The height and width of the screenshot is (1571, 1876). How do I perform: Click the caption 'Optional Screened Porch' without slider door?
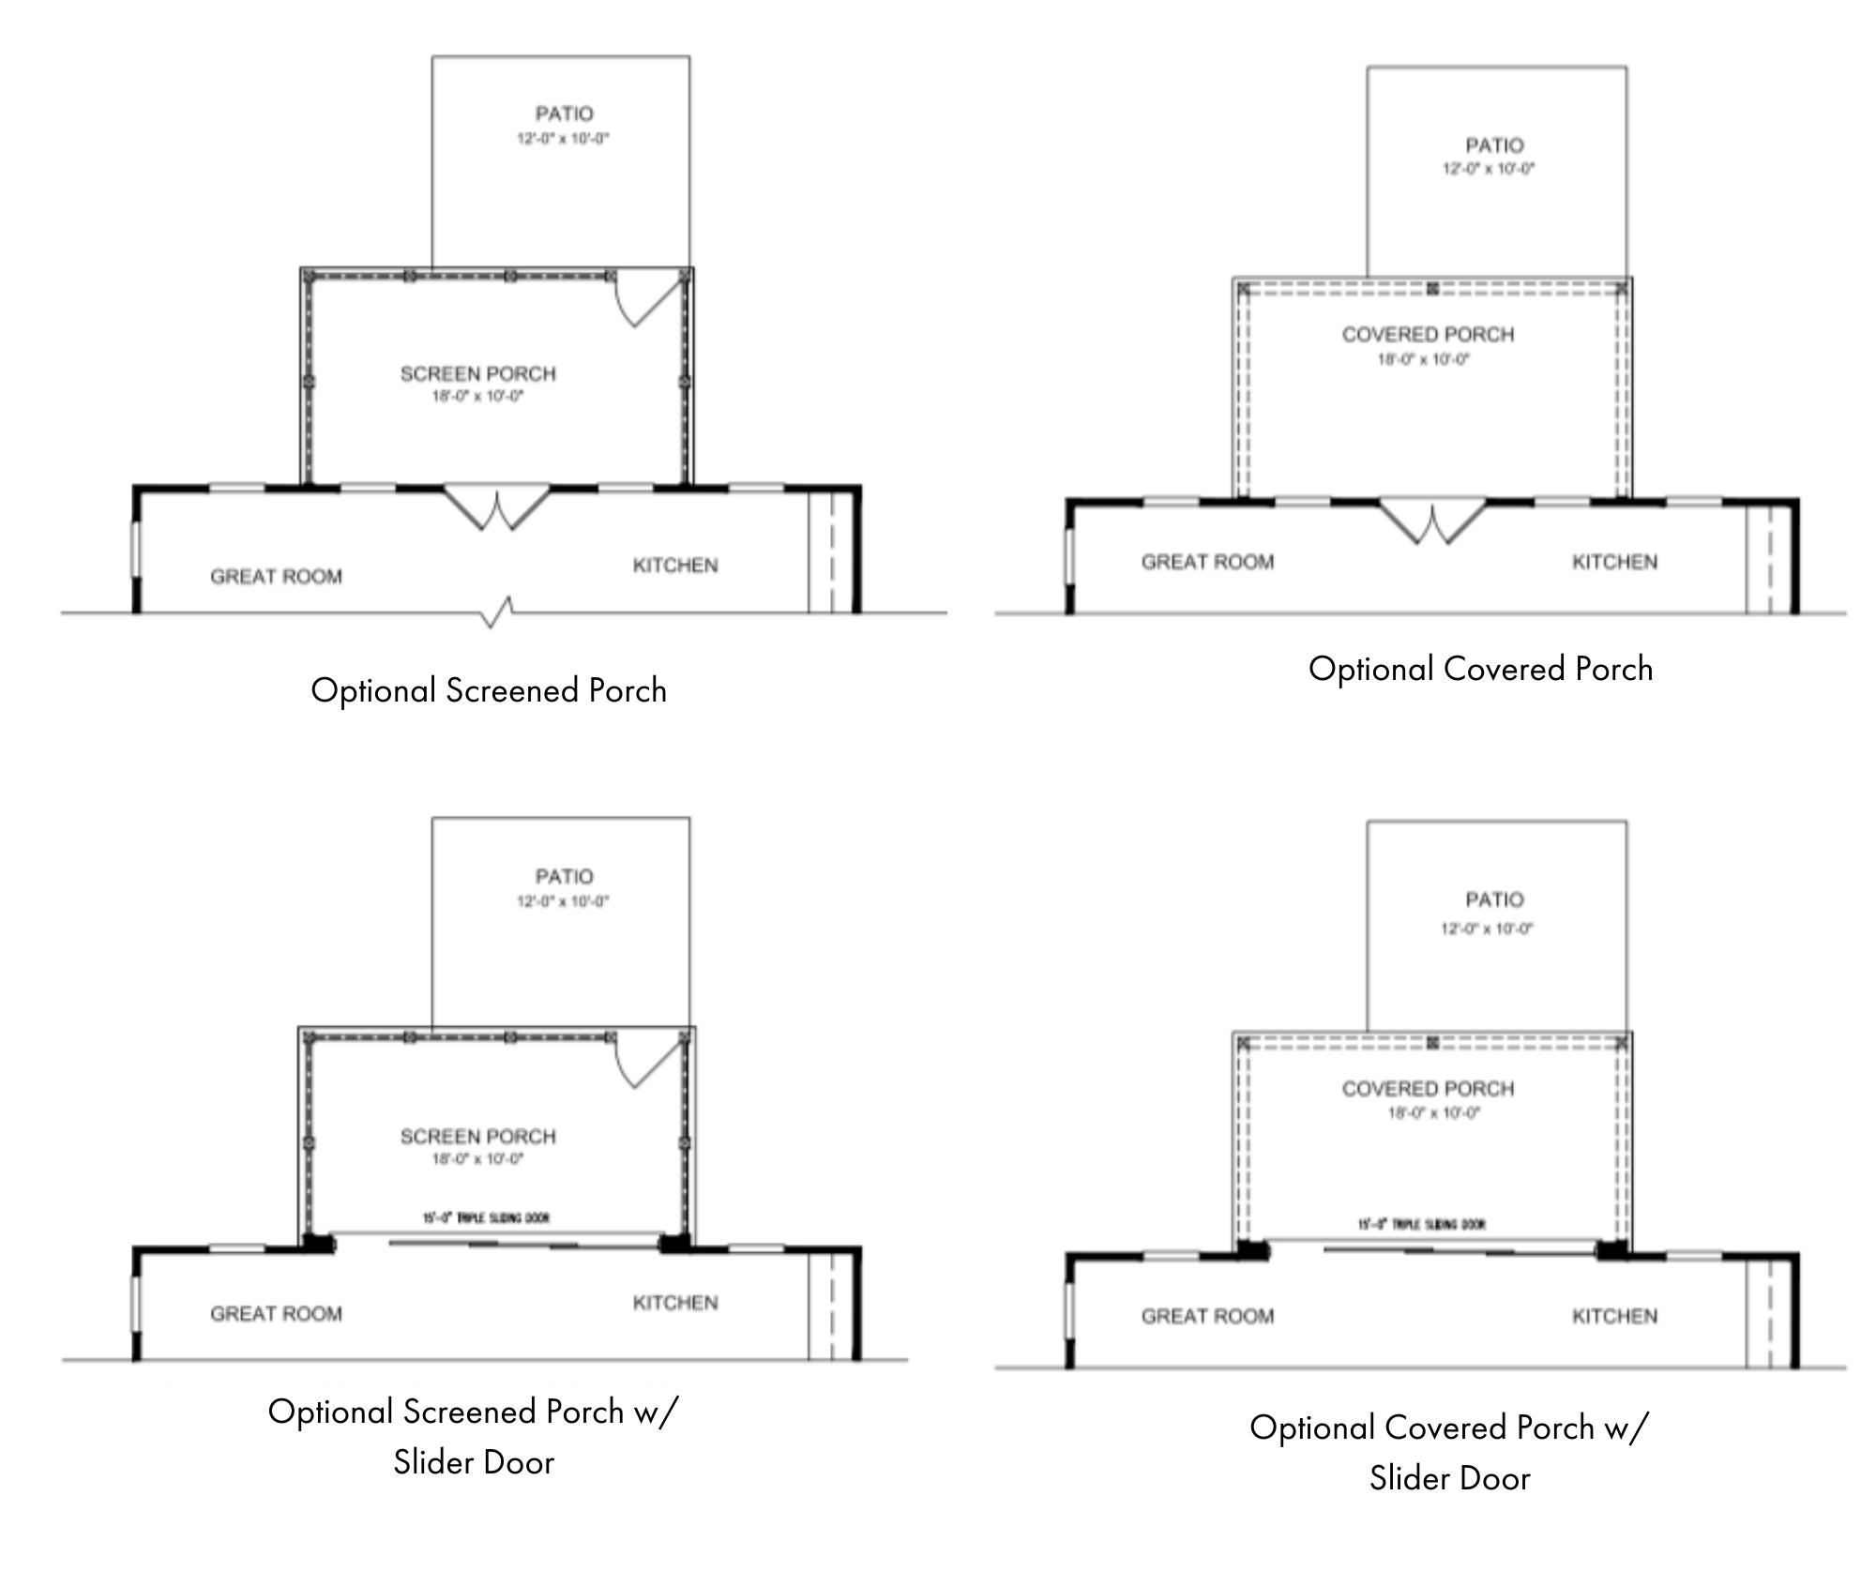point(489,690)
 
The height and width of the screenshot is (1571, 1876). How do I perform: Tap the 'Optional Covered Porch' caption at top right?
point(1480,669)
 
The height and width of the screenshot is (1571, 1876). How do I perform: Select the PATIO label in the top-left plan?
point(564,113)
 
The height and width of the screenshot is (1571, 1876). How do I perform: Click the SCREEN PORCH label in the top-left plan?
point(477,373)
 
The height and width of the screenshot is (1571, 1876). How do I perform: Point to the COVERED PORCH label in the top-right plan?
point(1428,334)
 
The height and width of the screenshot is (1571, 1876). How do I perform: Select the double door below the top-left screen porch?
point(496,507)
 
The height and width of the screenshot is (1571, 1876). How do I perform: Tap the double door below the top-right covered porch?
point(1431,521)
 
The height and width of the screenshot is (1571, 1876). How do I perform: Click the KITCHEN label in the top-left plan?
point(675,566)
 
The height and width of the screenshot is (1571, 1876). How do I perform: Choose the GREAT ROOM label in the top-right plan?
point(1207,562)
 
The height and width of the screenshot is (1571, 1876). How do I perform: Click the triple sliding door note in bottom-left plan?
point(486,1217)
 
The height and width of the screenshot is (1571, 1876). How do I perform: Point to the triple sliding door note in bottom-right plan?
point(1422,1224)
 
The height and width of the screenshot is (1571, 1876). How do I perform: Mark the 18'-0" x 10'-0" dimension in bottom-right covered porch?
point(1433,1113)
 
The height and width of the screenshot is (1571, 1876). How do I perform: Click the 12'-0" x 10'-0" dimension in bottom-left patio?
point(563,901)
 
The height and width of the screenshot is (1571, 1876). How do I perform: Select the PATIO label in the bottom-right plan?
point(1494,899)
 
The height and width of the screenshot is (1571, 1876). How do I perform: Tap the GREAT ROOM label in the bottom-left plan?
point(276,1313)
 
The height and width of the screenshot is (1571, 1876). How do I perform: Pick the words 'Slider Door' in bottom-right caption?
point(1449,1478)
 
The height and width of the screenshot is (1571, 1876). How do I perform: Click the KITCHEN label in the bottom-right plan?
point(1614,1316)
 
